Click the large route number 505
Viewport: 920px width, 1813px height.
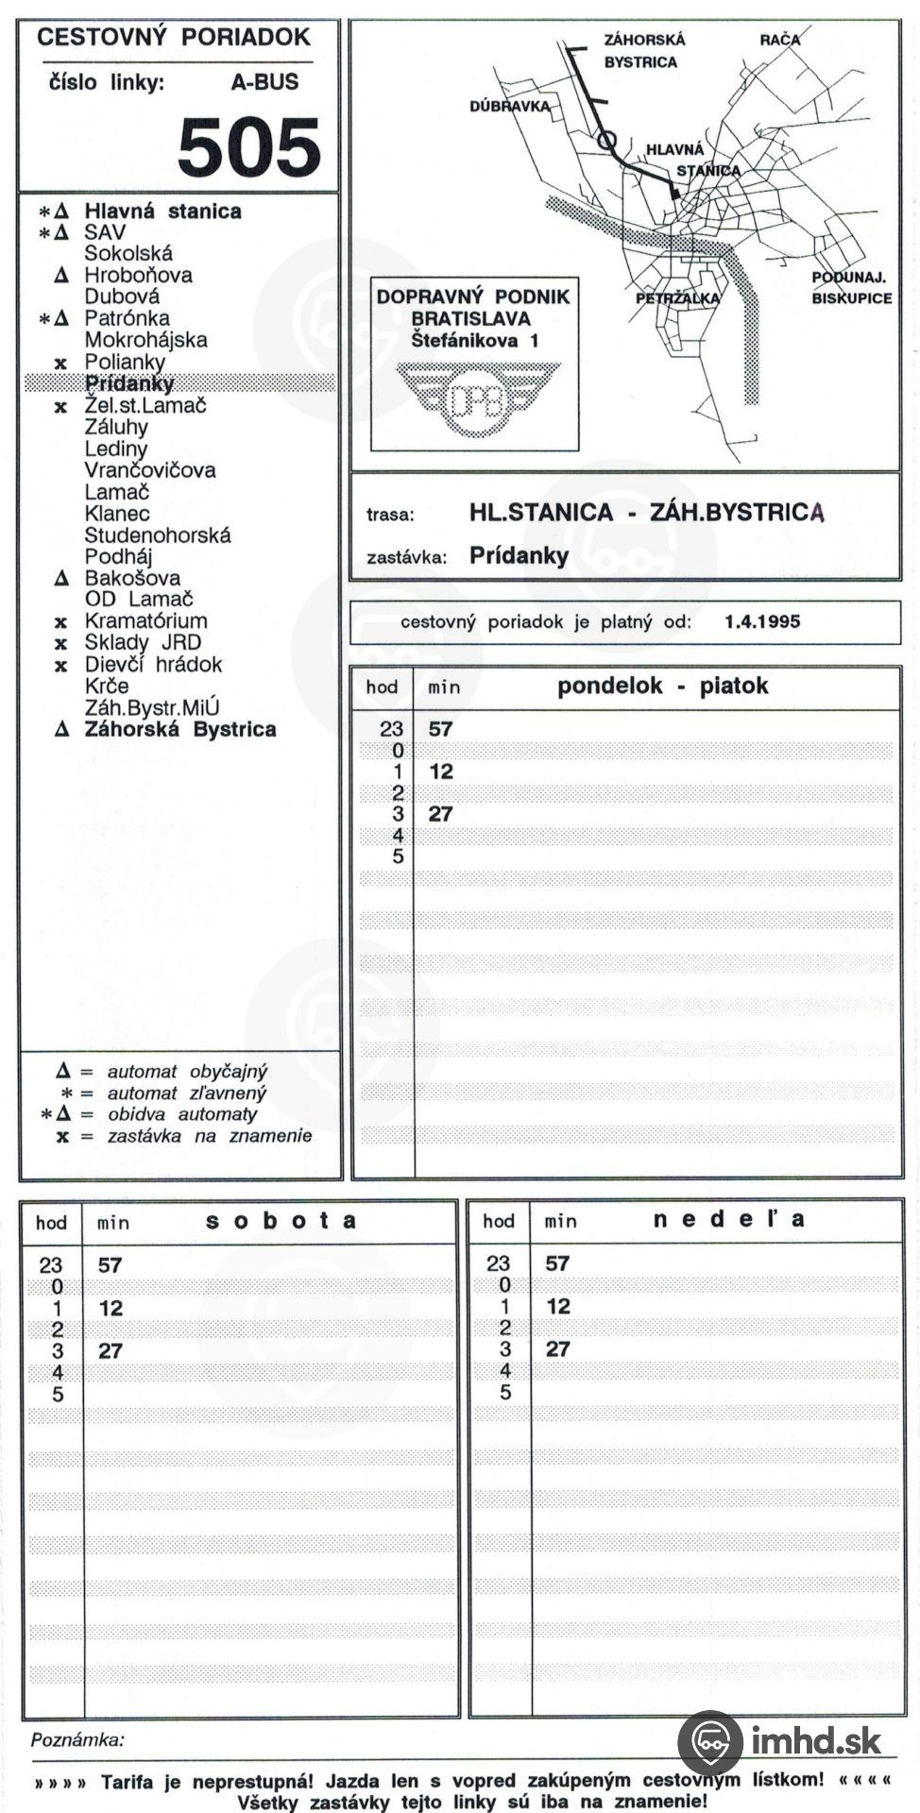coord(249,147)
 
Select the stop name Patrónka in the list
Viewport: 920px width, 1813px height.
coord(127,318)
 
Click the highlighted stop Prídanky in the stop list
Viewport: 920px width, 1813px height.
coord(129,383)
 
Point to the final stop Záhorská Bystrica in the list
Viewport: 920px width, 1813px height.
coord(179,729)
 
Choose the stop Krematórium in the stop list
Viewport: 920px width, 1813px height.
coord(145,620)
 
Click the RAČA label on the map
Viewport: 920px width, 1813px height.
coord(779,40)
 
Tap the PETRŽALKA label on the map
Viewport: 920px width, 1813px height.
coord(677,298)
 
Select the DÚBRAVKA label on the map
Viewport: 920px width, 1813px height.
coord(509,106)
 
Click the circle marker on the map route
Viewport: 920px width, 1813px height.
coord(607,141)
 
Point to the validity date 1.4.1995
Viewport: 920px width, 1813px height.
coord(762,621)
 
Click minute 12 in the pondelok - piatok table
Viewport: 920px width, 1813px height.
coord(441,771)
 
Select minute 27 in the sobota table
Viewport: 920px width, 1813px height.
coord(111,1350)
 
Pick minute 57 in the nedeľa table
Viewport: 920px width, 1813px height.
coord(557,1263)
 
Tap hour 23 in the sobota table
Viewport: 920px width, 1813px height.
coord(51,1265)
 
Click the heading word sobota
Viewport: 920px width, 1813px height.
coord(281,1220)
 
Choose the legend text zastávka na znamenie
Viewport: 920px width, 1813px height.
coord(209,1136)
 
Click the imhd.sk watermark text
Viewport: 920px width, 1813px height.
coord(817,1739)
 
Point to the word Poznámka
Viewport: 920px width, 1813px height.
coord(77,1739)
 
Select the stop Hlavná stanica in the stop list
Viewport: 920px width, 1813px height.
coord(162,212)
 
